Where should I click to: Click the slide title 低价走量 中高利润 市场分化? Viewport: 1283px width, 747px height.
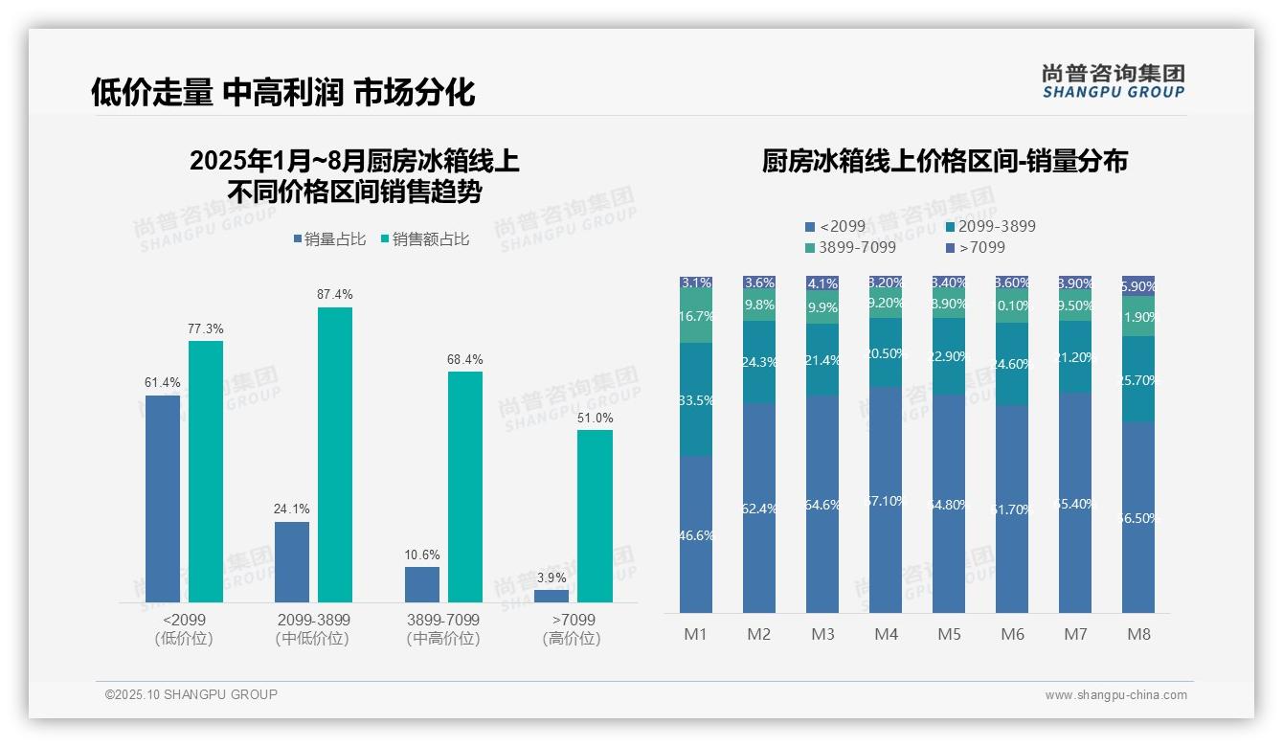click(x=282, y=92)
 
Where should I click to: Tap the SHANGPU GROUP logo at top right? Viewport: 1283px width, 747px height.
click(x=1113, y=81)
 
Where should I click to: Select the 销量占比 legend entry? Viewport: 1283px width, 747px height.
click(x=328, y=239)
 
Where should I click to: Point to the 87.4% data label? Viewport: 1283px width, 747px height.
click(x=334, y=294)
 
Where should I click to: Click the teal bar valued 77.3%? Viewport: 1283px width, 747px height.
click(x=205, y=471)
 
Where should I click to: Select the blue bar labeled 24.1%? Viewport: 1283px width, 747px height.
click(x=292, y=561)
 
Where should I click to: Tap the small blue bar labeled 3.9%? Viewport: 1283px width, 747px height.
click(x=551, y=596)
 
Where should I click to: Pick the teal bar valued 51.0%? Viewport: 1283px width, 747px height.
click(x=595, y=515)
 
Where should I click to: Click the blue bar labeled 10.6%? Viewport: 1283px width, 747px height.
click(x=422, y=584)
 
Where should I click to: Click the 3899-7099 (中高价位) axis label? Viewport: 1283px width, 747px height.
click(x=443, y=629)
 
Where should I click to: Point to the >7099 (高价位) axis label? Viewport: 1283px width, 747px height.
click(x=573, y=629)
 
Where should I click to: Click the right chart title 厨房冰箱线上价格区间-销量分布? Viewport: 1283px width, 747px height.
click(x=944, y=161)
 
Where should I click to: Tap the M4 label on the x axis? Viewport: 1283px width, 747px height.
click(x=886, y=634)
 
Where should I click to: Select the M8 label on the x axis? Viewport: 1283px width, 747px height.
click(x=1138, y=634)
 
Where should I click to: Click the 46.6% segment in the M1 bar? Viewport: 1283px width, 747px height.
click(x=696, y=534)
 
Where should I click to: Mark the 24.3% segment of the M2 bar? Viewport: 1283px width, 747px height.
click(x=759, y=362)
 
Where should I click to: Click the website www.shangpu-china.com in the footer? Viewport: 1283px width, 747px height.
click(x=1115, y=695)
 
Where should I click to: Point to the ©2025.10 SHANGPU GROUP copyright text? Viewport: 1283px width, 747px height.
click(x=191, y=694)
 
